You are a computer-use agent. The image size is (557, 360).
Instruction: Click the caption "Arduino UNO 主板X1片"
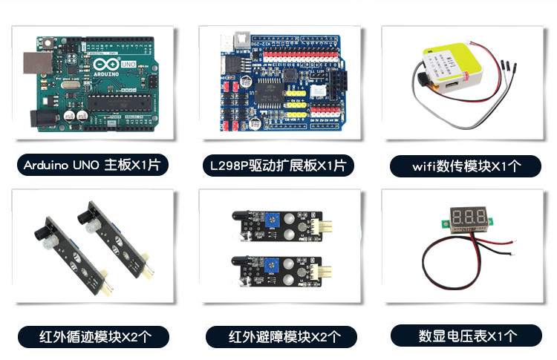[x=91, y=165]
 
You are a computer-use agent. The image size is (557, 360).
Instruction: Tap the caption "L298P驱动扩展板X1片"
[x=278, y=165]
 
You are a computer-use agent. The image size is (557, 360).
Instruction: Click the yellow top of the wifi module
[x=449, y=59]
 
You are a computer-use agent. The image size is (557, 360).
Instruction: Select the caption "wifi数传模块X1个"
[x=459, y=165]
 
